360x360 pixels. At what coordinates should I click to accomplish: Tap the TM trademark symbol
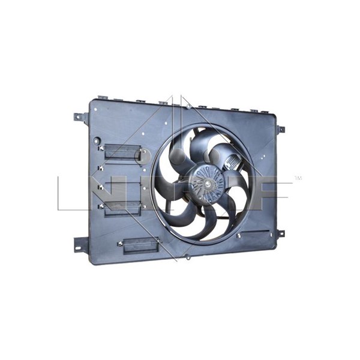(298, 179)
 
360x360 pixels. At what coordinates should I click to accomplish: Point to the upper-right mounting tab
(280, 129)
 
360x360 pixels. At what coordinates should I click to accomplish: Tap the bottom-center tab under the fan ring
(188, 257)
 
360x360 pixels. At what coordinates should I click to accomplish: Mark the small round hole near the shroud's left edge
(97, 142)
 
